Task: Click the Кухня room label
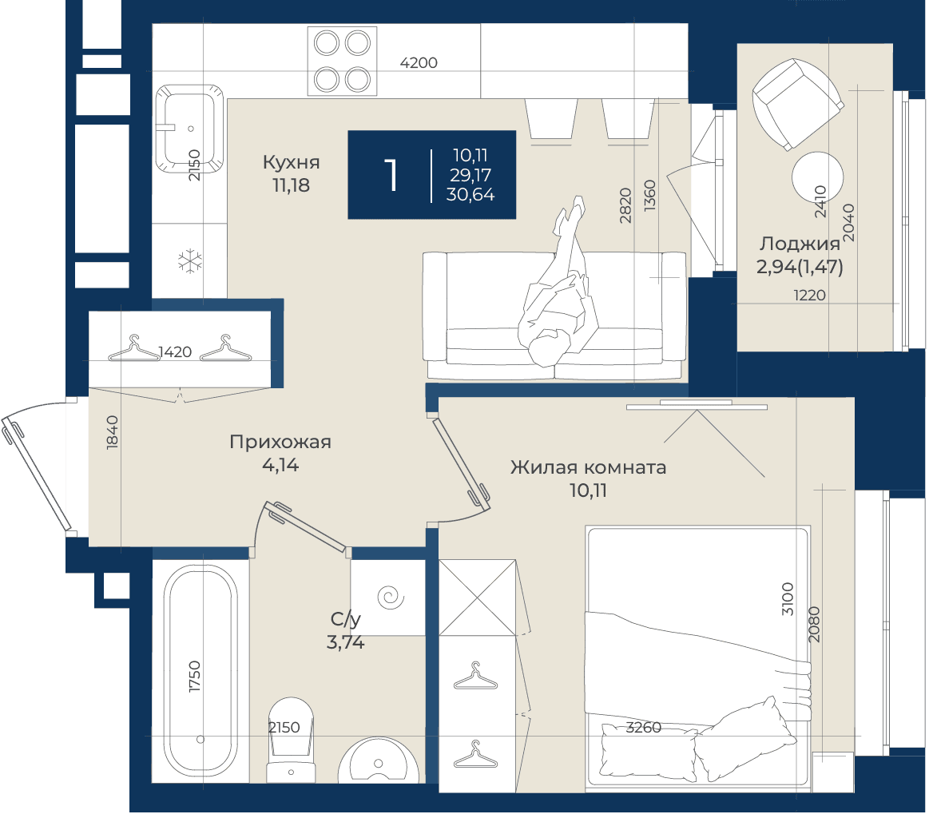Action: pos(291,162)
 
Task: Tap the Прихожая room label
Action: pos(280,442)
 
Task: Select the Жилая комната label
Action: pos(589,467)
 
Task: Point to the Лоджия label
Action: pos(800,244)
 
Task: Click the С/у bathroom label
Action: pos(345,620)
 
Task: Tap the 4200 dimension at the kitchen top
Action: pos(419,63)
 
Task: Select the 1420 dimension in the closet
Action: pos(176,351)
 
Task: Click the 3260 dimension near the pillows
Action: pos(643,728)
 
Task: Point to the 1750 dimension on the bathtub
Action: pos(194,677)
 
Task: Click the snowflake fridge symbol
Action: pos(189,261)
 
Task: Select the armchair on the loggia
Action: pos(797,105)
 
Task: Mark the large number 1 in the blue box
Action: pos(391,175)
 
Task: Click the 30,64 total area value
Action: pos(470,194)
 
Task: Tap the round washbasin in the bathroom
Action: pos(379,760)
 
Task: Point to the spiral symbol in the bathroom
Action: pos(391,597)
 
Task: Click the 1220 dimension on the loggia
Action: pos(809,295)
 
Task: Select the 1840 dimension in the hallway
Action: pos(112,432)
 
